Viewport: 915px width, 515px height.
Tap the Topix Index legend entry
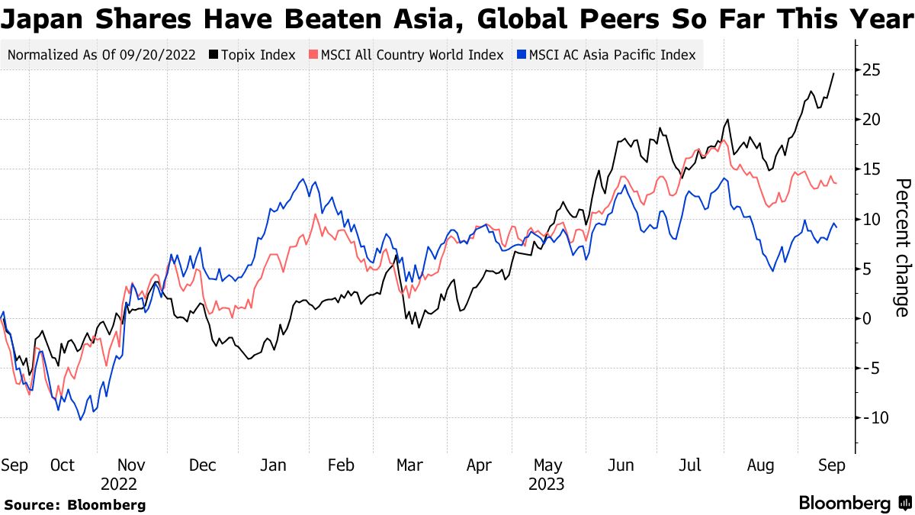pos(252,55)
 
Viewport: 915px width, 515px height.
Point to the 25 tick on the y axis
pos(872,70)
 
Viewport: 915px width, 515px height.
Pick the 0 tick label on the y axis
pos(868,318)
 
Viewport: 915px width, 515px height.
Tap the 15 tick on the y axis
pos(872,169)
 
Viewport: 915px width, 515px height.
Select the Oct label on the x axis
pos(63,465)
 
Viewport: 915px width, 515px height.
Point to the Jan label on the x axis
pos(273,465)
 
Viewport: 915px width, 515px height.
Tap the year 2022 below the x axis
pos(118,484)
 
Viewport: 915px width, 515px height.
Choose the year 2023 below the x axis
pos(547,484)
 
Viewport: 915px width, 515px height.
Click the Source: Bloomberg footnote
pos(75,504)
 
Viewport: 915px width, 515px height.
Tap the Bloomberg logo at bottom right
pos(855,503)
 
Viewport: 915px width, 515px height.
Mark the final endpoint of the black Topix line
pos(833,73)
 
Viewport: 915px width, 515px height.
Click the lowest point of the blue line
pos(80,419)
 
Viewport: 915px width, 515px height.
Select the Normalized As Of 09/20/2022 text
pos(102,55)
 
